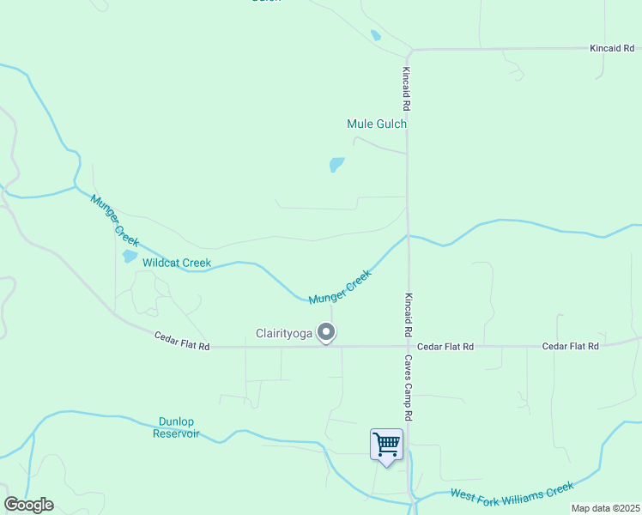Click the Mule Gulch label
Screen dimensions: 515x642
[376, 124]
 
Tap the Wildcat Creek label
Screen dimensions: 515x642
[176, 263]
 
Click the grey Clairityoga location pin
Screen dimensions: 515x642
[326, 331]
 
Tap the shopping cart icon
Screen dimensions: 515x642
[386, 445]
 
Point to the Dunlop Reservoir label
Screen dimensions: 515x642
[177, 427]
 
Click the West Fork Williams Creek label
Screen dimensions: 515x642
[512, 491]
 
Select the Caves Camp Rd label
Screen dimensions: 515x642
[409, 388]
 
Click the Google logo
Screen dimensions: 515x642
[28, 505]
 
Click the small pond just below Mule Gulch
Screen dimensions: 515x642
[336, 164]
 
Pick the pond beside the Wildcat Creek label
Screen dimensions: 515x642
[130, 256]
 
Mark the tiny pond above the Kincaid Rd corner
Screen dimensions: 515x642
[375, 36]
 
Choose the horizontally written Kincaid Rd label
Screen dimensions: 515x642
[611, 49]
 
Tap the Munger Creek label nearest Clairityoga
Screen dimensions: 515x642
[340, 287]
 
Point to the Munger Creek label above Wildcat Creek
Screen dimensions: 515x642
[114, 220]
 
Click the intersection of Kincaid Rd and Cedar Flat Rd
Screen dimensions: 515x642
[408, 347]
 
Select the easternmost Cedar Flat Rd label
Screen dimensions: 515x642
[570, 346]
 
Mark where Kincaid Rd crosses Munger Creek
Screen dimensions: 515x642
[408, 236]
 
